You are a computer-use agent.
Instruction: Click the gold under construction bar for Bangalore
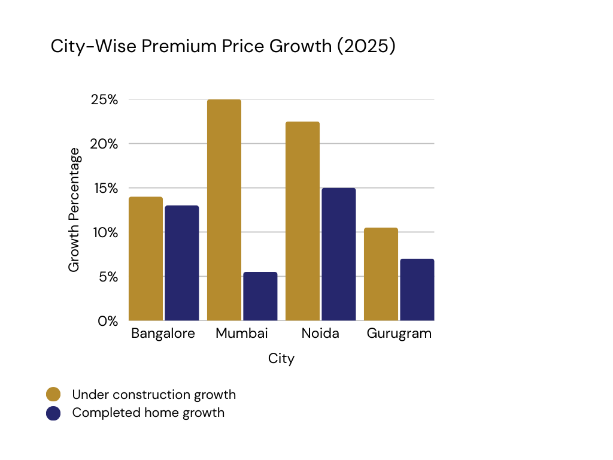[145, 259]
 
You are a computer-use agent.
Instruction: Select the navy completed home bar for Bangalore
[181, 263]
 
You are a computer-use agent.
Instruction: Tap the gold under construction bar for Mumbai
[224, 210]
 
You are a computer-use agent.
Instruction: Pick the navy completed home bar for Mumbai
[260, 296]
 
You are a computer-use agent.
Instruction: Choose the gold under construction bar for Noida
[302, 221]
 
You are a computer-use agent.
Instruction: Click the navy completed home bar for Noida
[338, 255]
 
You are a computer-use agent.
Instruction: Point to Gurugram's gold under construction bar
[381, 274]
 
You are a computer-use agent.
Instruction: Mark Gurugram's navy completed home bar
[417, 290]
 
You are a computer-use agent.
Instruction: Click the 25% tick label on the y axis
[104, 100]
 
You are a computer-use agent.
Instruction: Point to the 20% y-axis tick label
[104, 144]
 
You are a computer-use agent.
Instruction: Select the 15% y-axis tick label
[104, 189]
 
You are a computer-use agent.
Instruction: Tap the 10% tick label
[104, 232]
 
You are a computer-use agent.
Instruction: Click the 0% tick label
[108, 321]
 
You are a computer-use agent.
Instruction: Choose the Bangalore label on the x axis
[163, 334]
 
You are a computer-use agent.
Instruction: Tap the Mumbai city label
[242, 334]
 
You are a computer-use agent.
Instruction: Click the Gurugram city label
[399, 334]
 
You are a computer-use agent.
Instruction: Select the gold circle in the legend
[53, 394]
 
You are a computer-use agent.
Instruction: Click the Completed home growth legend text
[148, 413]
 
